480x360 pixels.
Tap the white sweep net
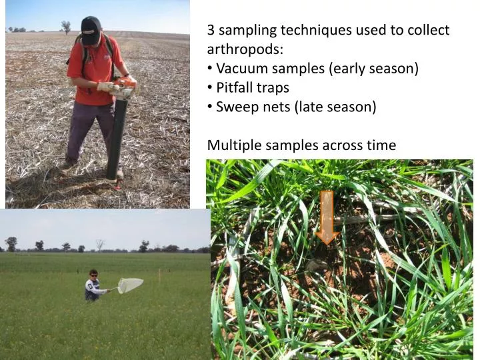130,285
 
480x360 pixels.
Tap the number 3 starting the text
211,30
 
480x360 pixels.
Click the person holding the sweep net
93,285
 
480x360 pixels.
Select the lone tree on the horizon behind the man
65,26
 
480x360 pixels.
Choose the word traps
275,87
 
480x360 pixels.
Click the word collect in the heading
429,30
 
